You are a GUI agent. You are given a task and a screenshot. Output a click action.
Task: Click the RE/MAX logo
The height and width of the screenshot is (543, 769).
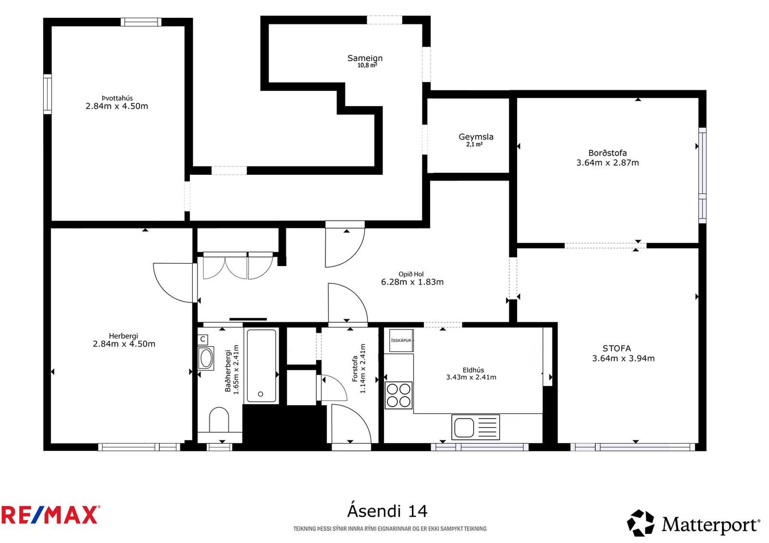pos(50,515)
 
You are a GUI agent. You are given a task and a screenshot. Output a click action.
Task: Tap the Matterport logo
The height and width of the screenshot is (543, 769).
pos(693,523)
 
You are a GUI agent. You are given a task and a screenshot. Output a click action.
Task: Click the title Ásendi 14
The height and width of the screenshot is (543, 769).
pos(387,511)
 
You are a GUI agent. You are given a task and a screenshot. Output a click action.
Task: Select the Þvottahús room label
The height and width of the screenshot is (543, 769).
pos(117,98)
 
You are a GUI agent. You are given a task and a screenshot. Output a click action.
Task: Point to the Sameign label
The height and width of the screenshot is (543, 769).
pos(365,58)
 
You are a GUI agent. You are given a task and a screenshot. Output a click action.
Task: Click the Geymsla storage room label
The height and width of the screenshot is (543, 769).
pos(476,137)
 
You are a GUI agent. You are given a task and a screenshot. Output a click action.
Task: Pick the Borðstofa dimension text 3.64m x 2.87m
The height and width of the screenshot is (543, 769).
pos(607,162)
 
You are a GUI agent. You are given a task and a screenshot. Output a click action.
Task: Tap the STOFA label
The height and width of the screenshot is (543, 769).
pos(617,348)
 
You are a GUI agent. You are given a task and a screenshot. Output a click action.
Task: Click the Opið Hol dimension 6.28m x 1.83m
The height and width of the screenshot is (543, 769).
pos(412,282)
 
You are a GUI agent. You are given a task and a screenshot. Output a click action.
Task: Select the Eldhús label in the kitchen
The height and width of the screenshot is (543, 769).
pos(473,370)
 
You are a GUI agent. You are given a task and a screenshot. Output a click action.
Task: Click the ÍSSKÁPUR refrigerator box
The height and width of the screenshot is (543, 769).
pos(401,341)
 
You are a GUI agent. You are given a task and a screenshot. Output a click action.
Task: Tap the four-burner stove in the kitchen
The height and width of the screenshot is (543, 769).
pos(398,395)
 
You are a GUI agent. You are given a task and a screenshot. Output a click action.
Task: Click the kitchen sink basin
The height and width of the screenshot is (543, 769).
pos(464,427)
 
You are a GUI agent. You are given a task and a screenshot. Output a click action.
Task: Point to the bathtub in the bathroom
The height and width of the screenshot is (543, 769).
pos(261,366)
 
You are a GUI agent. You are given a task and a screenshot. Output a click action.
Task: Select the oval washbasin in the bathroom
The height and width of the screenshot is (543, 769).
pos(206,358)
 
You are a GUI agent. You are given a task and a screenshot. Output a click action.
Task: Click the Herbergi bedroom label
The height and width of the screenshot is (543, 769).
pos(124,336)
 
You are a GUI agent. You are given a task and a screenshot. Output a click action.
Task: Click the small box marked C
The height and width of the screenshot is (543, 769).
pos(203,339)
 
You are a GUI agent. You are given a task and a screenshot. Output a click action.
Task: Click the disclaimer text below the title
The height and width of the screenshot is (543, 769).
pos(390,529)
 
